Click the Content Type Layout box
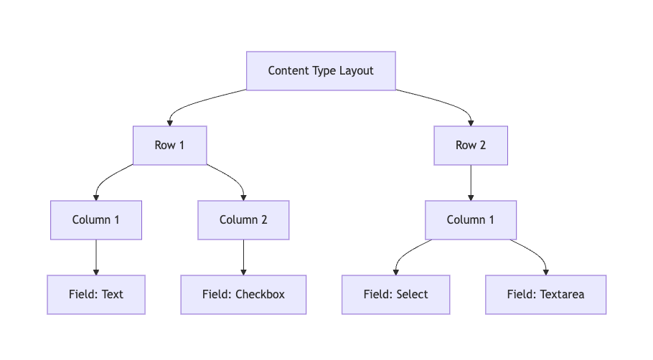pos(321,71)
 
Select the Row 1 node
pos(169,146)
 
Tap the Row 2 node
pos(471,146)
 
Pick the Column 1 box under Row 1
pos(96,220)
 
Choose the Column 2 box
pos(243,220)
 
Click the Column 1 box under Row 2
pos(471,220)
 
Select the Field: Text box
pos(96,295)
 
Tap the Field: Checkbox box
pos(243,295)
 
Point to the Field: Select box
pos(395,295)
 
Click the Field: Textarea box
pos(545,295)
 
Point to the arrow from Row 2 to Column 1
pos(471,183)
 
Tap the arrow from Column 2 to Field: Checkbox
pos(243,257)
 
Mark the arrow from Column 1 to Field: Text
pos(96,257)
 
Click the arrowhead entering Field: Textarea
pos(546,272)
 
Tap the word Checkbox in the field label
pos(260,295)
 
